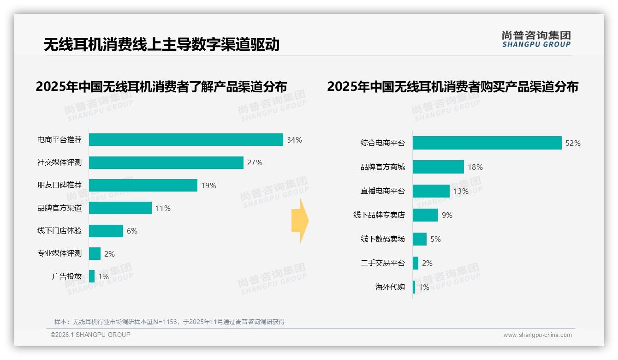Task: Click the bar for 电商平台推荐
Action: (x=186, y=140)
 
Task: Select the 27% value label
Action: (x=255, y=162)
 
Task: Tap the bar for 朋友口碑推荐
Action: (x=143, y=186)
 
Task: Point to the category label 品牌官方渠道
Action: (x=59, y=208)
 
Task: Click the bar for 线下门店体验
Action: (x=106, y=231)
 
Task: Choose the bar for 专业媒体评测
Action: (x=95, y=254)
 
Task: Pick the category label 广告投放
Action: (x=67, y=276)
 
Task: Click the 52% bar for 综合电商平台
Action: (x=487, y=143)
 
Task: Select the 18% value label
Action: (x=475, y=167)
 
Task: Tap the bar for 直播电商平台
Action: (x=431, y=191)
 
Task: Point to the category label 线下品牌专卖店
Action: (x=379, y=215)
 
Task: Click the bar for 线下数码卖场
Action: (x=420, y=239)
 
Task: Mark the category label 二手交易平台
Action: (x=383, y=263)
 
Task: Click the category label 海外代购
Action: (x=390, y=287)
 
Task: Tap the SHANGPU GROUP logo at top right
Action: (x=536, y=39)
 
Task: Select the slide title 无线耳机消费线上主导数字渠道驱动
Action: (x=162, y=44)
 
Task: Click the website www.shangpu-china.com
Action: (x=537, y=335)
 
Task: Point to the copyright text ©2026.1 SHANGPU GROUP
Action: (x=90, y=335)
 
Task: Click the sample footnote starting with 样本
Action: (x=169, y=322)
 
